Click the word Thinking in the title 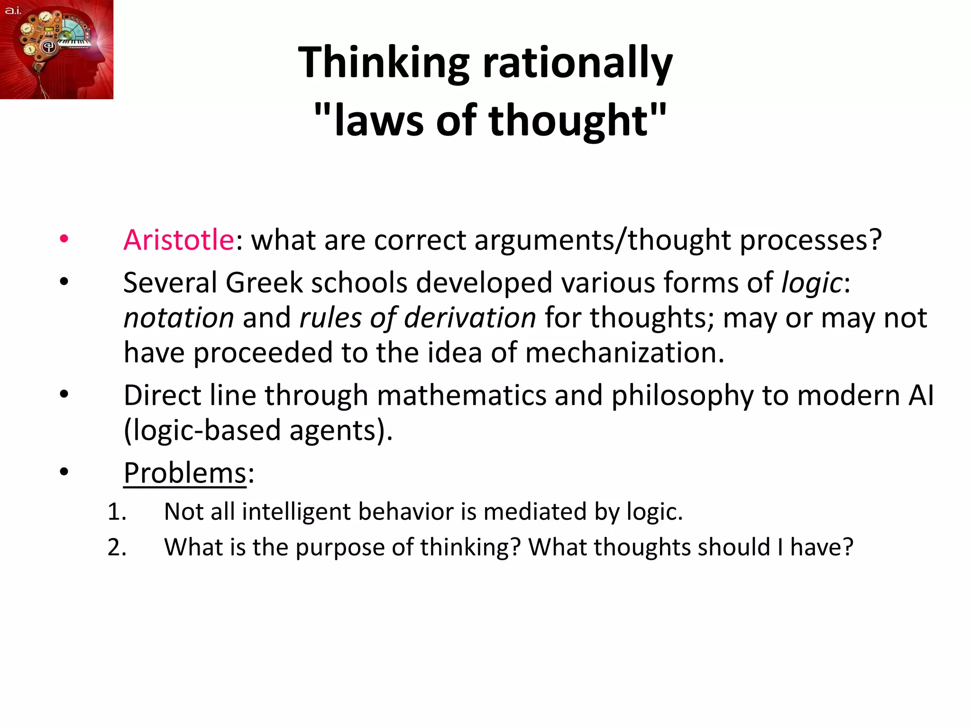pyautogui.click(x=384, y=63)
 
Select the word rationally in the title pyautogui.click(x=577, y=63)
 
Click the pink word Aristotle pyautogui.click(x=179, y=240)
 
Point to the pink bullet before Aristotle pyautogui.click(x=64, y=239)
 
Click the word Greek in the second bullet pyautogui.click(x=264, y=282)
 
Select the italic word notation pyautogui.click(x=179, y=318)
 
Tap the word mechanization pyautogui.click(x=624, y=353)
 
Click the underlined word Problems pyautogui.click(x=185, y=473)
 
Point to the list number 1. pyautogui.click(x=117, y=512)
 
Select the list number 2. pyautogui.click(x=117, y=547)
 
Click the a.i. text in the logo pyautogui.click(x=13, y=10)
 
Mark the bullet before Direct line pyautogui.click(x=64, y=394)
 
